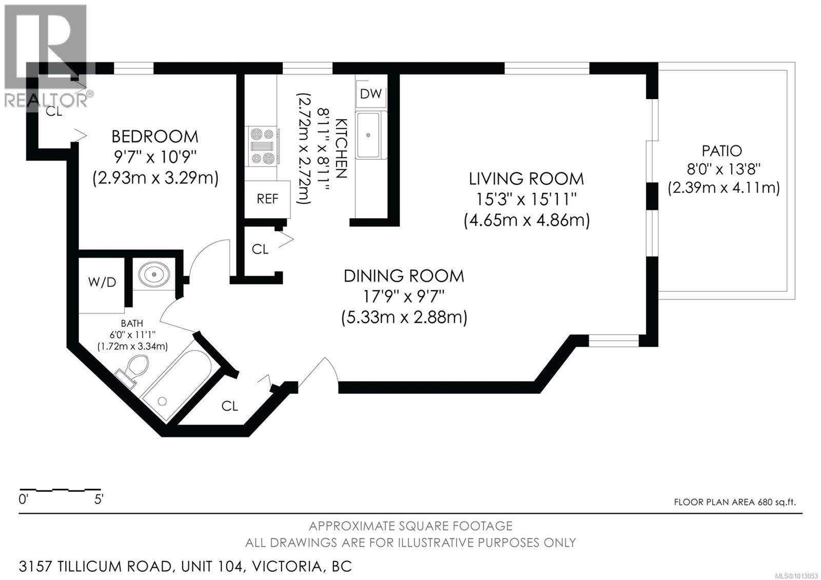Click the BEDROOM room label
pyautogui.click(x=154, y=137)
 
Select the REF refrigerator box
pyautogui.click(x=267, y=199)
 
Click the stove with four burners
pyautogui.click(x=262, y=146)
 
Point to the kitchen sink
pyautogui.click(x=368, y=135)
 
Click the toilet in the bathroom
pyautogui.click(x=133, y=370)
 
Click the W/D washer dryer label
pyautogui.click(x=102, y=282)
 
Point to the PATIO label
pyautogui.click(x=721, y=151)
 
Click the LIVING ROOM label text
pyautogui.click(x=526, y=179)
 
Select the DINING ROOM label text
pyautogui.click(x=404, y=276)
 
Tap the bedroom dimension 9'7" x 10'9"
pyautogui.click(x=155, y=157)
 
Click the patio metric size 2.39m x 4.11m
pyautogui.click(x=724, y=188)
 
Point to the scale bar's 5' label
pyautogui.click(x=99, y=499)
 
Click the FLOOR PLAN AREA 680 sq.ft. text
pyautogui.click(x=735, y=502)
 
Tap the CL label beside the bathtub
pyautogui.click(x=230, y=406)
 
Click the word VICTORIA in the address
pyautogui.click(x=287, y=567)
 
